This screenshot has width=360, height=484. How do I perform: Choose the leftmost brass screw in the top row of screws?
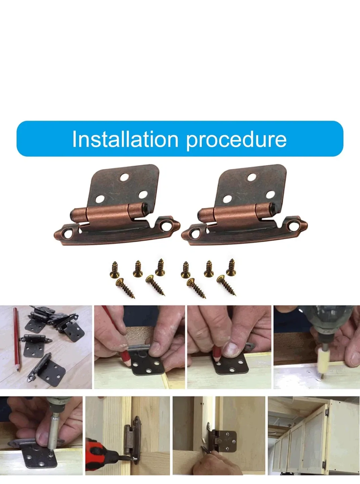[115, 269]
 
